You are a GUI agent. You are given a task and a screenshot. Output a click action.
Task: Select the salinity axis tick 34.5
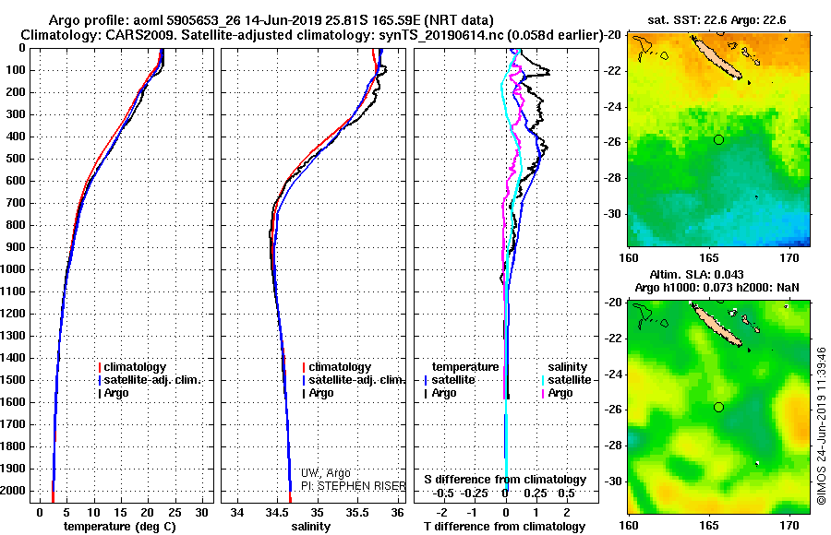tap(277, 512)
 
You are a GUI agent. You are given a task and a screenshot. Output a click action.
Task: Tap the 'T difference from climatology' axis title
tap(505, 527)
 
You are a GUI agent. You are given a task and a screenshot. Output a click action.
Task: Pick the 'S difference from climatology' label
tap(505, 480)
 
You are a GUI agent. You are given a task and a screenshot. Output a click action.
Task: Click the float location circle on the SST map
tap(718, 139)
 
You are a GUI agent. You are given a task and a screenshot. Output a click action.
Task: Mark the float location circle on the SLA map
tap(718, 407)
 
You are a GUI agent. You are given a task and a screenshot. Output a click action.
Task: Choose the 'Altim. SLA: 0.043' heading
tap(709, 276)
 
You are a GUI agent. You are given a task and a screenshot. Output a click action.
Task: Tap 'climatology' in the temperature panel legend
tap(135, 367)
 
